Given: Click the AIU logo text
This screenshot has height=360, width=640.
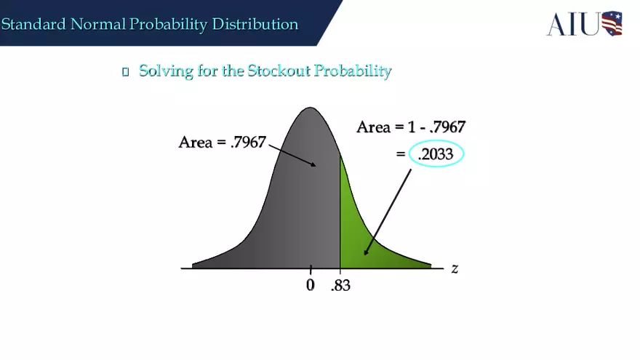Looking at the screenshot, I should pyautogui.click(x=573, y=24).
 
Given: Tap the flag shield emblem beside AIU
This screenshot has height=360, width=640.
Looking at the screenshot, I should pyautogui.click(x=612, y=23).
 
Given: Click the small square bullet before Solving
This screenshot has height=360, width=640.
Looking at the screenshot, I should pyautogui.click(x=125, y=71).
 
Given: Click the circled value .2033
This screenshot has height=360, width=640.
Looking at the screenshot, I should pyautogui.click(x=436, y=154).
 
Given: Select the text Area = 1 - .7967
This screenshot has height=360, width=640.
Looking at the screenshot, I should pyautogui.click(x=411, y=127).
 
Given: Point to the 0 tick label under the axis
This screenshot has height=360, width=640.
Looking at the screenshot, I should pyautogui.click(x=311, y=285).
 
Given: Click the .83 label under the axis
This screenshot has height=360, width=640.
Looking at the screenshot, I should pyautogui.click(x=340, y=286).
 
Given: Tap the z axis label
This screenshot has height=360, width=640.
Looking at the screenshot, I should pyautogui.click(x=455, y=268).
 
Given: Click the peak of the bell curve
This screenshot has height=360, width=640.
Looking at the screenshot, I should pyautogui.click(x=310, y=110).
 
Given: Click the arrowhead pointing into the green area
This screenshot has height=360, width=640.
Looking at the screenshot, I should pyautogui.click(x=366, y=251).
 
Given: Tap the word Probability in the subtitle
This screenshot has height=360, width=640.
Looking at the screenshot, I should pyautogui.click(x=356, y=71).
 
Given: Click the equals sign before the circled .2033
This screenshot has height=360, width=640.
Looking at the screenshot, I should pyautogui.click(x=400, y=154).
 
